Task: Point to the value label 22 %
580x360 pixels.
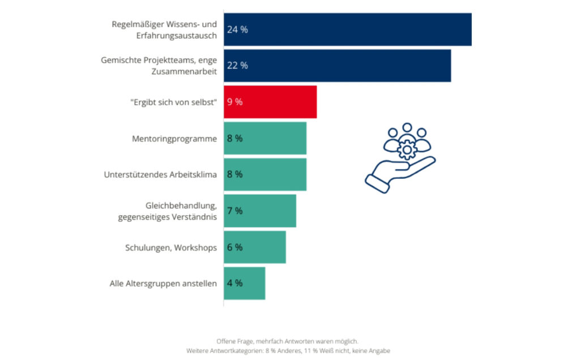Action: (x=237, y=66)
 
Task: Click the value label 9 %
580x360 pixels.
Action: (x=234, y=102)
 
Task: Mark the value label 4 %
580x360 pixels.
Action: (x=234, y=283)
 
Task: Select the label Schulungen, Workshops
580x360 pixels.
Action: (x=170, y=247)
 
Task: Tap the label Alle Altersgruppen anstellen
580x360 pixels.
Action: (x=163, y=284)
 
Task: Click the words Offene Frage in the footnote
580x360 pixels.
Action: (x=233, y=341)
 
